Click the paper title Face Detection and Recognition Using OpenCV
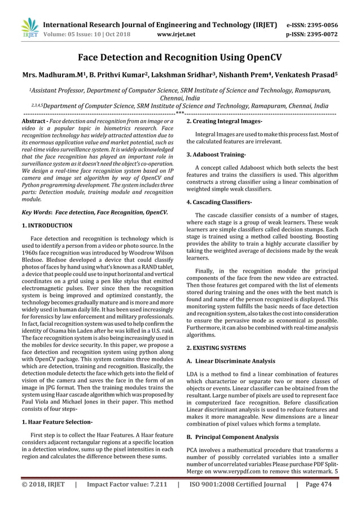tap(179, 57)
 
